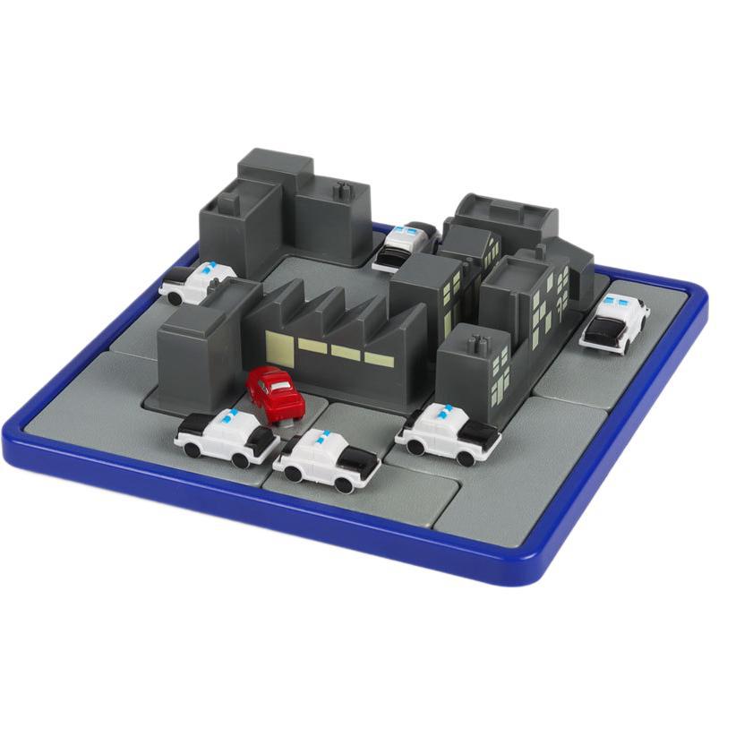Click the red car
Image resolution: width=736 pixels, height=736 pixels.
click(x=276, y=394)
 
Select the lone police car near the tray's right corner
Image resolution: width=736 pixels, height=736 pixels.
click(x=615, y=322)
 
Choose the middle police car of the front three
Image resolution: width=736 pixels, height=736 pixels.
click(x=326, y=459)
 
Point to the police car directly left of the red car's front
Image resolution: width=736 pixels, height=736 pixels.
click(x=227, y=437)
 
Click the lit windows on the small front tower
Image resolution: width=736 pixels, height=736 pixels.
click(x=500, y=372)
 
